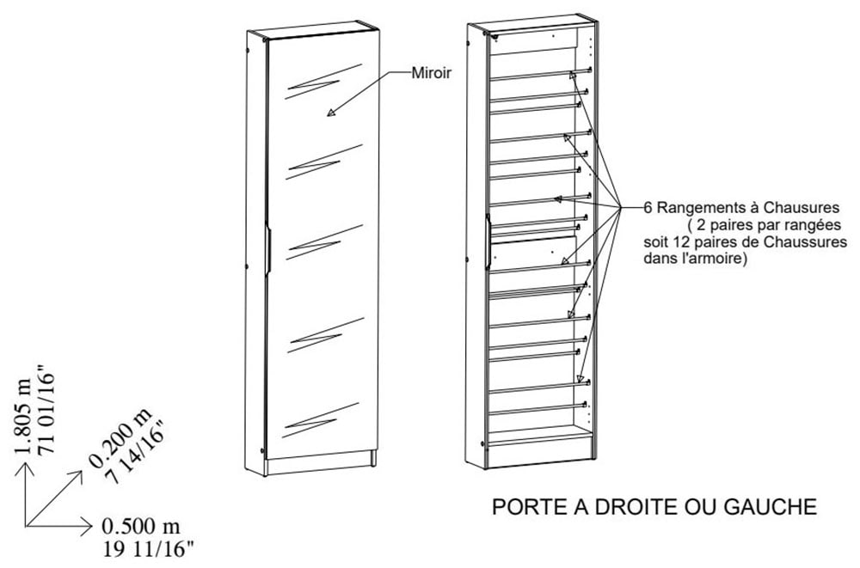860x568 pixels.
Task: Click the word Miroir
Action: (431, 72)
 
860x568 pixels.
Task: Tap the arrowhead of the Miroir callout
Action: (331, 113)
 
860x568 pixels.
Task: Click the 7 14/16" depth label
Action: (137, 453)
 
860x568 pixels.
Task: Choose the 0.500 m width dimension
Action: (141, 527)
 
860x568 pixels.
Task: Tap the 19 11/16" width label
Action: (149, 549)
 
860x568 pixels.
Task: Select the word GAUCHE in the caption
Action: (771, 507)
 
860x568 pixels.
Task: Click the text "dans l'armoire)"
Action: (696, 258)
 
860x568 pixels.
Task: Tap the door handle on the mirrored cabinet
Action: (268, 249)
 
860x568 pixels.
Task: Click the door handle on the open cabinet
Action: (487, 241)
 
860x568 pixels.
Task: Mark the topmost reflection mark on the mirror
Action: (323, 82)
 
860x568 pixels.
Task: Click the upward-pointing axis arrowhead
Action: (25, 467)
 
